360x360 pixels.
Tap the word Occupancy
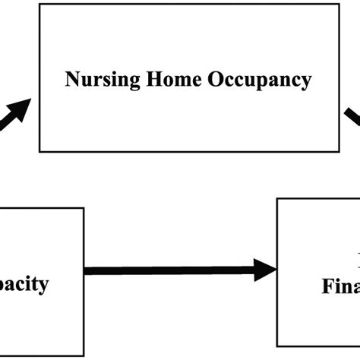click(x=253, y=79)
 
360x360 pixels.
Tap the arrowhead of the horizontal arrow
click(x=266, y=269)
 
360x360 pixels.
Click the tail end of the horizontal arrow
click(x=86, y=269)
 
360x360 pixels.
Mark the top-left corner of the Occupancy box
click(x=39, y=4)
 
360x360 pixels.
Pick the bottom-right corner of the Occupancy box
click(x=339, y=151)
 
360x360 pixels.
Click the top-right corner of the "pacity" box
click(x=82, y=208)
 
